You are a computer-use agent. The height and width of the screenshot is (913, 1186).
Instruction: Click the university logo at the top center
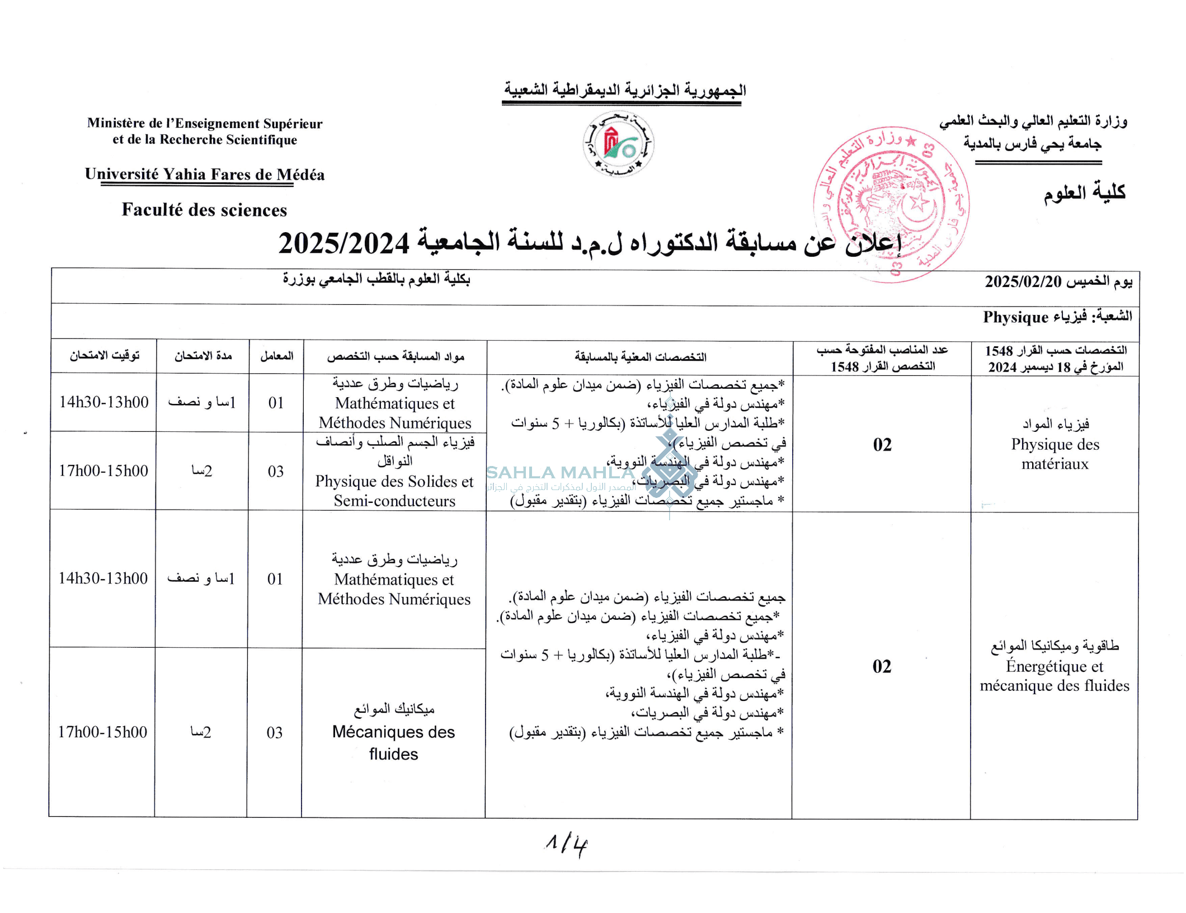[x=618, y=144]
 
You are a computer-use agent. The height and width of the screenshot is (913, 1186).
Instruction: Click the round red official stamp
[x=891, y=204]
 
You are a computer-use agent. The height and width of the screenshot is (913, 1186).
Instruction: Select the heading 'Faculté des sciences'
[x=204, y=210]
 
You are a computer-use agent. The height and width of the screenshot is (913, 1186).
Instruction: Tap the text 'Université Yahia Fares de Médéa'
[x=205, y=175]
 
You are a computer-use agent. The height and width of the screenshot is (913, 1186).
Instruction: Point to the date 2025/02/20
[x=1023, y=281]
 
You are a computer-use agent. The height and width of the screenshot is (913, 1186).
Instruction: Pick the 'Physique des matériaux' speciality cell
[x=1055, y=444]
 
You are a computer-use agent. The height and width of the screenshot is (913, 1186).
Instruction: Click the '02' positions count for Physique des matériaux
[x=882, y=445]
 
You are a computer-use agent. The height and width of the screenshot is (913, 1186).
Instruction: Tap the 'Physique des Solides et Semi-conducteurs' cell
[x=394, y=471]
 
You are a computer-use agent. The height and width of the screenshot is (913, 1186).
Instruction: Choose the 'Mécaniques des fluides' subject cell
[x=394, y=733]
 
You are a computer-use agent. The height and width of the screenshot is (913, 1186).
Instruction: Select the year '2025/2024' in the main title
[x=344, y=243]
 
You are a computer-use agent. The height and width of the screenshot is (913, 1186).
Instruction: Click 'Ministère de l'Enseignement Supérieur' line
[x=205, y=124]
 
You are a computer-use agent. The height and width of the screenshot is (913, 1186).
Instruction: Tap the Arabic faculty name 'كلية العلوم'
[x=1084, y=193]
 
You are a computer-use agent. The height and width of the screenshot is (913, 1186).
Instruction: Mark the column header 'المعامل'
[x=276, y=356]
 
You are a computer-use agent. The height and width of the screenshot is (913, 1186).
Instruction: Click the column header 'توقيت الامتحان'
[x=104, y=356]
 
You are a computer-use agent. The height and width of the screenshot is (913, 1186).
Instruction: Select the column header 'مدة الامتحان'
[x=203, y=356]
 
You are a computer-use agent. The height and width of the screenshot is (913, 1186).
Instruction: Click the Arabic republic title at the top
[x=625, y=90]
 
